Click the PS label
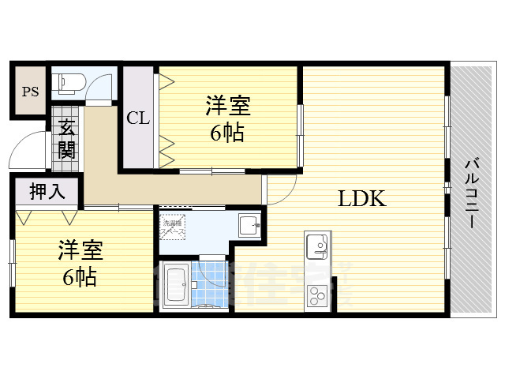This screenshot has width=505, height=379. pos(30,92)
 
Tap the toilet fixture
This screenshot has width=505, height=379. pos(67,82)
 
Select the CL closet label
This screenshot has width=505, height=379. pos(138,118)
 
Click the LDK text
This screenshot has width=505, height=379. pos(361,199)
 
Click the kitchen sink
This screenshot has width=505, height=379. pos(318,246)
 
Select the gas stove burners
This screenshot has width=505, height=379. pos(318,297)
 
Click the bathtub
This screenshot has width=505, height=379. pos(176,284)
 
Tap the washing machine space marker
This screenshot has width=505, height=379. pos(173,223)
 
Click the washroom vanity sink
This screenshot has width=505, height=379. pos(249,224)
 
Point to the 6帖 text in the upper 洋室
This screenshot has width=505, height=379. pos(226,133)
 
